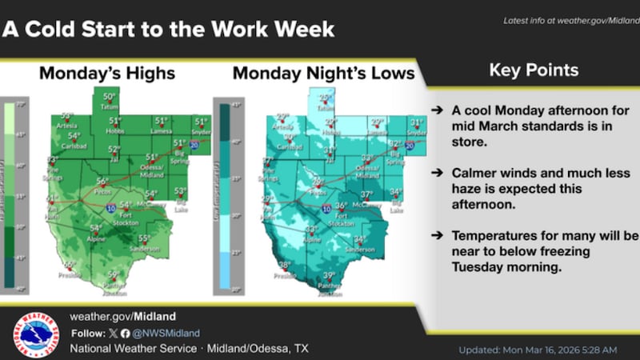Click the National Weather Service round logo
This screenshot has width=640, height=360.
(x=36, y=334)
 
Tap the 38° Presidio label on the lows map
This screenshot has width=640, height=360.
(x=283, y=266)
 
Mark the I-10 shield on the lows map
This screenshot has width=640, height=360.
(x=326, y=208)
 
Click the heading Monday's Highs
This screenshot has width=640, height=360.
(x=107, y=74)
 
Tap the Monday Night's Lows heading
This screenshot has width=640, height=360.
(x=323, y=74)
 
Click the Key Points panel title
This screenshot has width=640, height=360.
(x=534, y=70)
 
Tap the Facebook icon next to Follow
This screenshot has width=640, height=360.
(x=125, y=333)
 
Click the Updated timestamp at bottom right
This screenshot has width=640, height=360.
(x=538, y=350)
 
